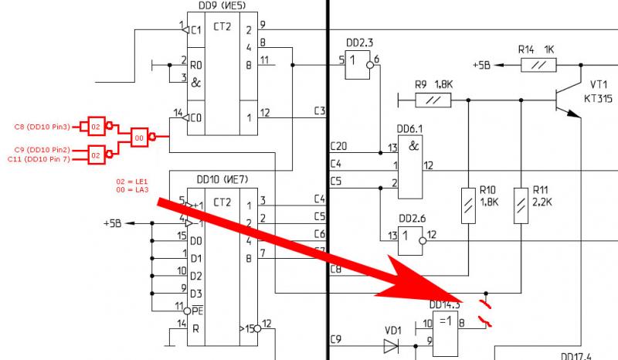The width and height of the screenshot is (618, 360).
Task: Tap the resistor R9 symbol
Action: point(433,100)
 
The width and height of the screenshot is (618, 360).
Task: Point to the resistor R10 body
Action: point(469,206)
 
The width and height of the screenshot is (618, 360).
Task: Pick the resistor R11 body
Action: point(521,206)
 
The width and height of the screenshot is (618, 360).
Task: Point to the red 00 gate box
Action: point(141,136)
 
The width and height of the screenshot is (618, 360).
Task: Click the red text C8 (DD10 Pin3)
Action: point(42,125)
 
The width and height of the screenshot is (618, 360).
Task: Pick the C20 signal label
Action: point(338,146)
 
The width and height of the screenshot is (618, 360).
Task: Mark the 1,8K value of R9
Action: point(444,83)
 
